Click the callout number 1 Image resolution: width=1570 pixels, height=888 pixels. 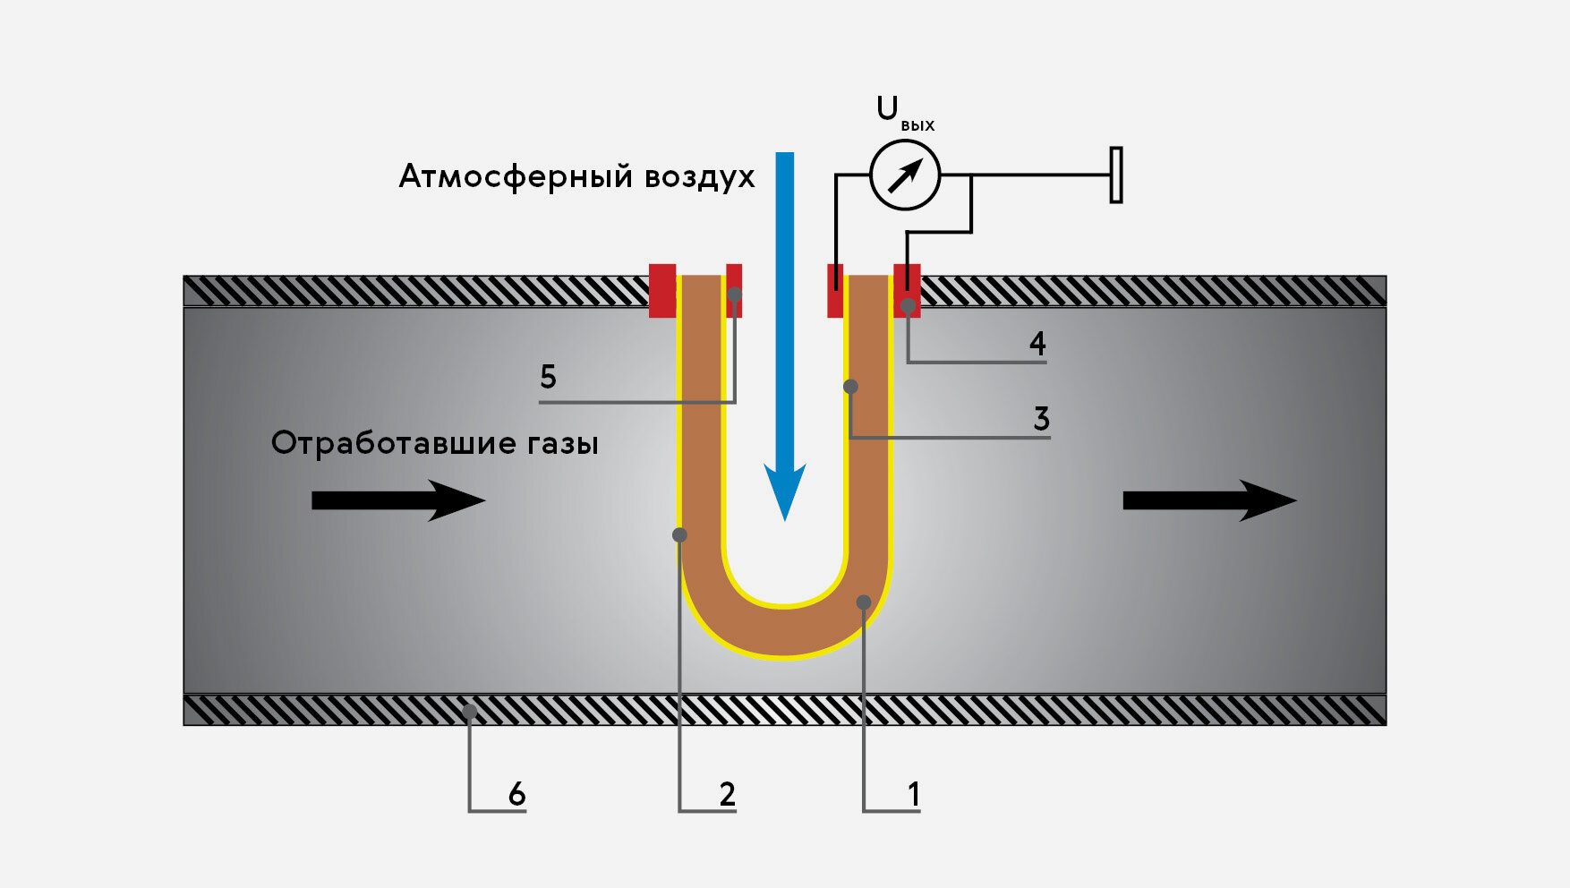click(913, 794)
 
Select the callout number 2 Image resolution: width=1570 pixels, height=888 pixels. click(727, 794)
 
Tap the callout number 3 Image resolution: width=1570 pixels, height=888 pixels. click(1041, 419)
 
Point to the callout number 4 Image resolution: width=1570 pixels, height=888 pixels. click(1037, 344)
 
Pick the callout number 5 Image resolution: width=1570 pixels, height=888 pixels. click(548, 377)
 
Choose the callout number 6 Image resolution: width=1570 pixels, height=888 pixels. click(516, 794)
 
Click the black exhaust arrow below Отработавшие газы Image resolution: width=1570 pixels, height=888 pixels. click(398, 500)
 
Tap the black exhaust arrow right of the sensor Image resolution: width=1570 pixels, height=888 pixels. click(1209, 500)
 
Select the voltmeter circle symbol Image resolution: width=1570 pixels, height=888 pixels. click(905, 175)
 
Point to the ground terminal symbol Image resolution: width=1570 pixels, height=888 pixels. click(1116, 175)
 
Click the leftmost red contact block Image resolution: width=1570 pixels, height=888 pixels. click(662, 290)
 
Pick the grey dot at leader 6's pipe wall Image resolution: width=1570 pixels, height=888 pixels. click(469, 711)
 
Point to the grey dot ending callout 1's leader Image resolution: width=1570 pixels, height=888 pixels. click(864, 602)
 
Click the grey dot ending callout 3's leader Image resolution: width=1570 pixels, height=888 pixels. click(851, 387)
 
